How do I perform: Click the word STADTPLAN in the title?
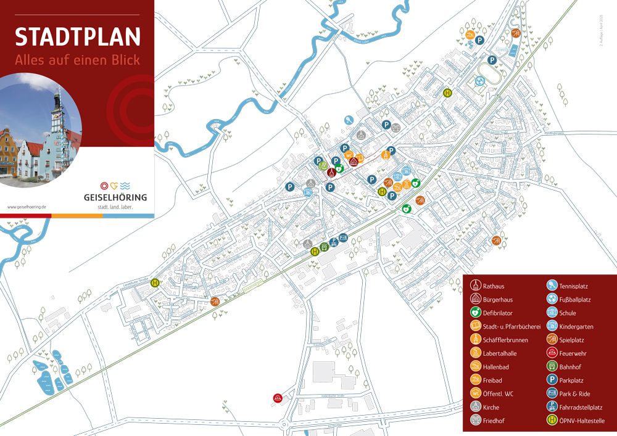point(78,36)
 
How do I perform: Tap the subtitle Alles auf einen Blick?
point(78,60)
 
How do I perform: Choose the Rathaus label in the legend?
point(494,286)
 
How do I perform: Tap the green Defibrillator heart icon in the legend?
point(475,313)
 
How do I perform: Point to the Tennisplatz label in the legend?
point(575,286)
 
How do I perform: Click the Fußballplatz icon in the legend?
point(552,300)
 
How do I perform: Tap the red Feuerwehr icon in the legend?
point(552,353)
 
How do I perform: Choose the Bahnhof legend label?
point(571,367)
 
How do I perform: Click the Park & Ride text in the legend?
point(575,394)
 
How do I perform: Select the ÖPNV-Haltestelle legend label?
point(582,421)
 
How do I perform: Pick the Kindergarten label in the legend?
point(576,327)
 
